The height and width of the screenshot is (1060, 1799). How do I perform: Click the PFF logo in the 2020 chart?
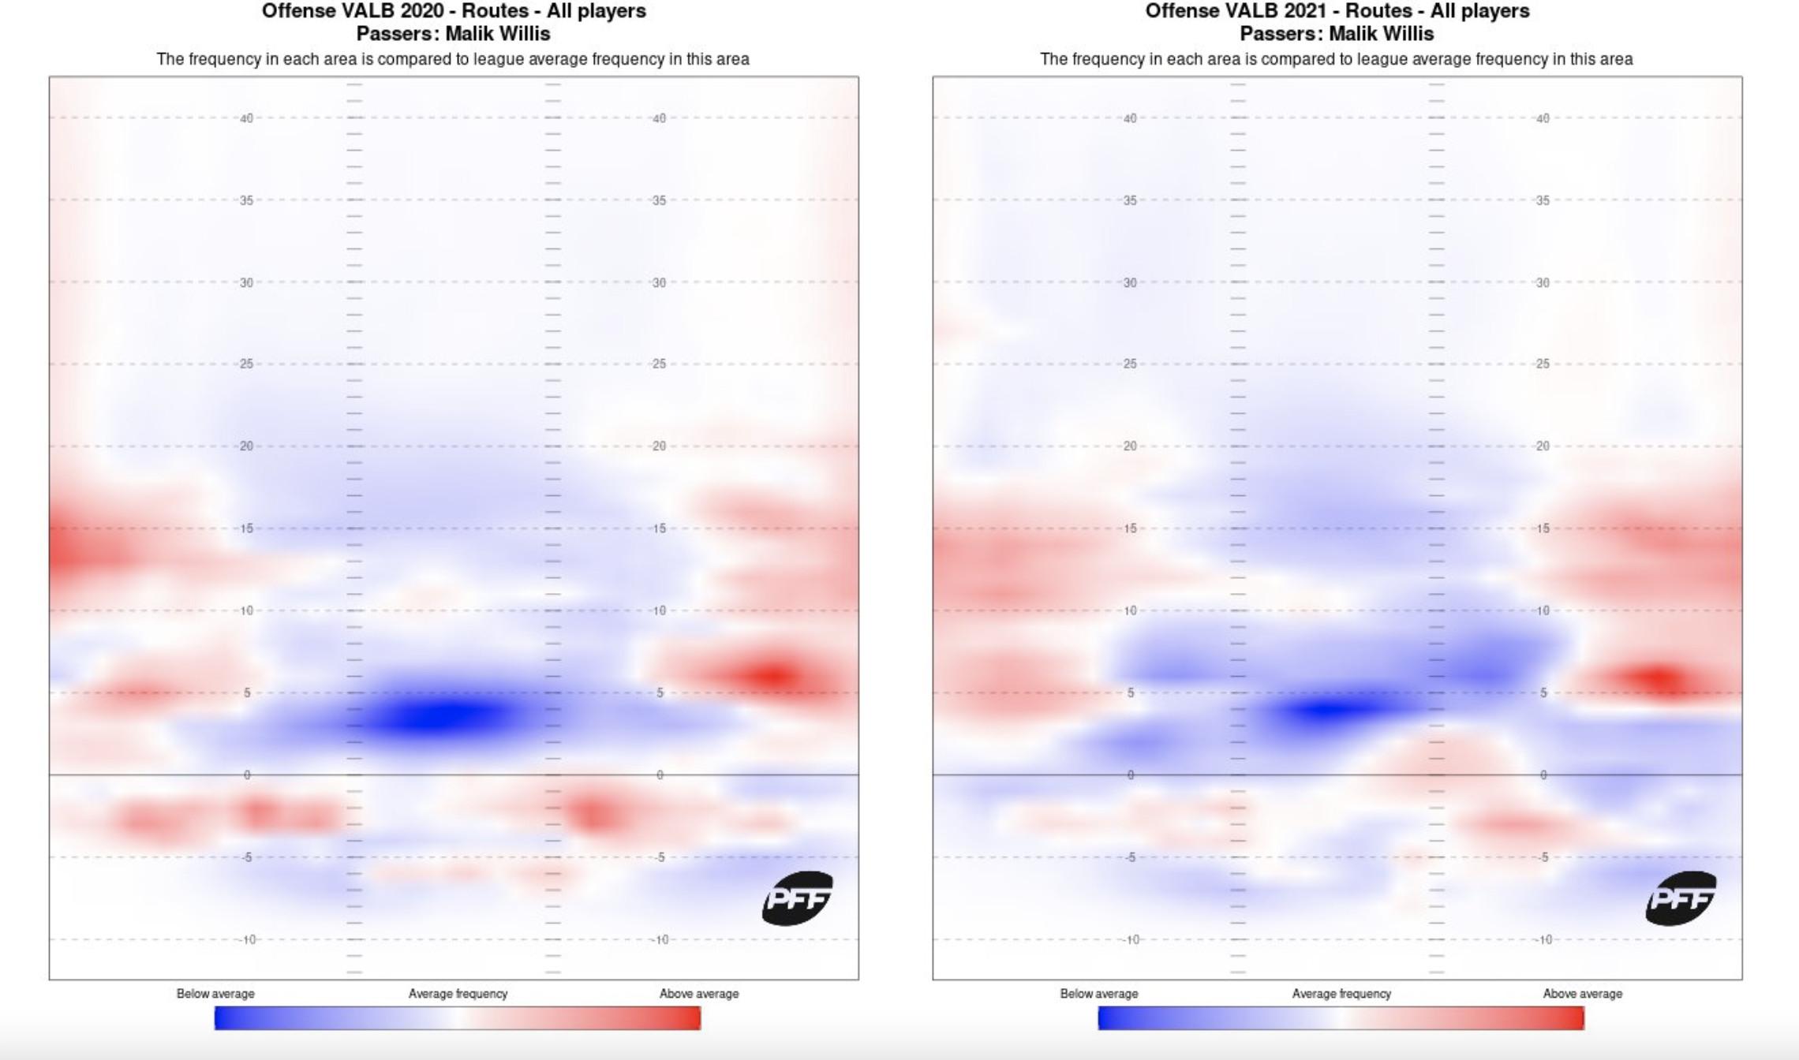click(797, 898)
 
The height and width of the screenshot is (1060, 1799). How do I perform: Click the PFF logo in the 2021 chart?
click(1681, 898)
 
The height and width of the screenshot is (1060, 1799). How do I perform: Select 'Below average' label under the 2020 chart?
click(215, 994)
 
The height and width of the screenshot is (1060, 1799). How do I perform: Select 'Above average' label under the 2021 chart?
click(1582, 994)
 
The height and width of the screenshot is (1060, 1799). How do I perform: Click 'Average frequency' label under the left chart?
click(458, 994)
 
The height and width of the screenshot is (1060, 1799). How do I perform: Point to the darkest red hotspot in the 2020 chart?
click(776, 676)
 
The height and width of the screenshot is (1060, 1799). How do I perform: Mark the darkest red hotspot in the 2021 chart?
click(1657, 678)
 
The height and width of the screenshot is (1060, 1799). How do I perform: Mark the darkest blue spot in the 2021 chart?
click(1330, 711)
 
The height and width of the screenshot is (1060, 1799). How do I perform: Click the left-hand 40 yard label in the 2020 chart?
click(247, 118)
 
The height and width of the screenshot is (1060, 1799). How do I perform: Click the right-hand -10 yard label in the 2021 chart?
click(1543, 939)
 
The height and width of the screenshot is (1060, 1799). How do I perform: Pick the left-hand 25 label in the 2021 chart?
click(1130, 364)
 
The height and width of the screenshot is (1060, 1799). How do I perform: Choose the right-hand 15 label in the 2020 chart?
click(659, 528)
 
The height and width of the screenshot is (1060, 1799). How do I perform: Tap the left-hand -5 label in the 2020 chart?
click(246, 857)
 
